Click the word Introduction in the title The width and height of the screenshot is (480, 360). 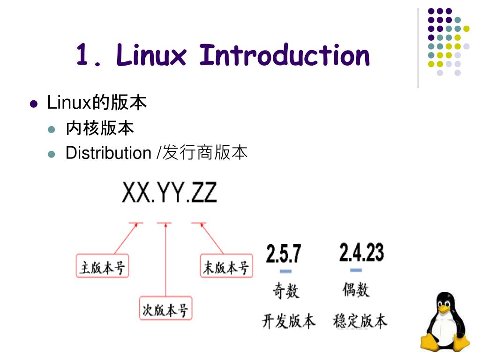coord(285,55)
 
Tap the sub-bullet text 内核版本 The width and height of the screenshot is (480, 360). coord(100,128)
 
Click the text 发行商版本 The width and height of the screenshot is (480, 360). coord(205,153)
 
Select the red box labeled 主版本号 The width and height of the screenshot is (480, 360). coord(102,267)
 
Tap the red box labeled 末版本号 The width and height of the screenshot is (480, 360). coord(226,267)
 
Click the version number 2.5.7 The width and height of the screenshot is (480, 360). coord(284,254)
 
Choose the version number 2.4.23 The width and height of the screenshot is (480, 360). coord(361,253)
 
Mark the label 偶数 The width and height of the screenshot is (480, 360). coord(356,290)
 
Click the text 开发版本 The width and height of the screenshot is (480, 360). coord(288,322)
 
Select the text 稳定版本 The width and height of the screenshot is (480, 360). coord(360,322)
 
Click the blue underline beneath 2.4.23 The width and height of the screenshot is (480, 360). coord(356,270)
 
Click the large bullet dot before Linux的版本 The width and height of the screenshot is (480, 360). coord(33,104)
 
